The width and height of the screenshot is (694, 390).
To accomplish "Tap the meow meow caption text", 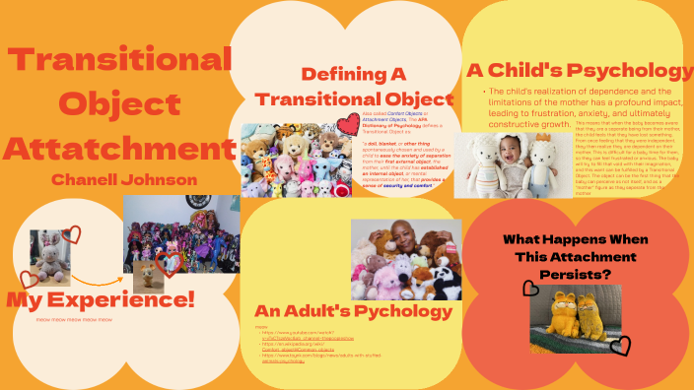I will (x=74, y=320).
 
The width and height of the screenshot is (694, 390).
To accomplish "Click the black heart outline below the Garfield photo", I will (x=620, y=345).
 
